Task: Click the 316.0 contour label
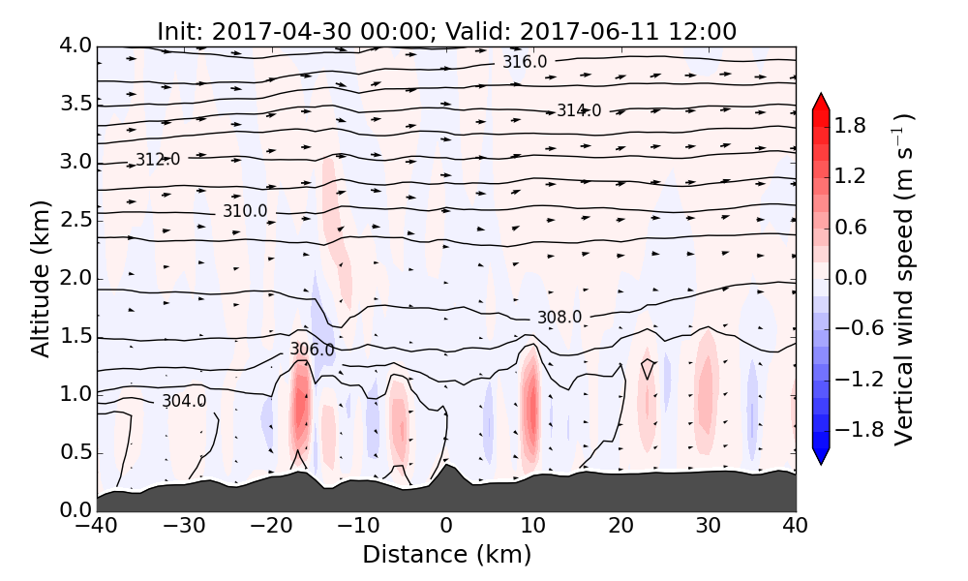pos(524,62)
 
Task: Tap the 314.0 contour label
pos(579,110)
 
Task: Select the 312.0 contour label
pos(157,160)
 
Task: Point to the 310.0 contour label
pos(245,211)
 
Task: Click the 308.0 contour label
pos(560,317)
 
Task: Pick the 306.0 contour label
pos(312,349)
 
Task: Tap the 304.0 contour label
pos(184,401)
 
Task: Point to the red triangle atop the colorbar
pos(821,100)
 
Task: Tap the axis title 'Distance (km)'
pos(446,554)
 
